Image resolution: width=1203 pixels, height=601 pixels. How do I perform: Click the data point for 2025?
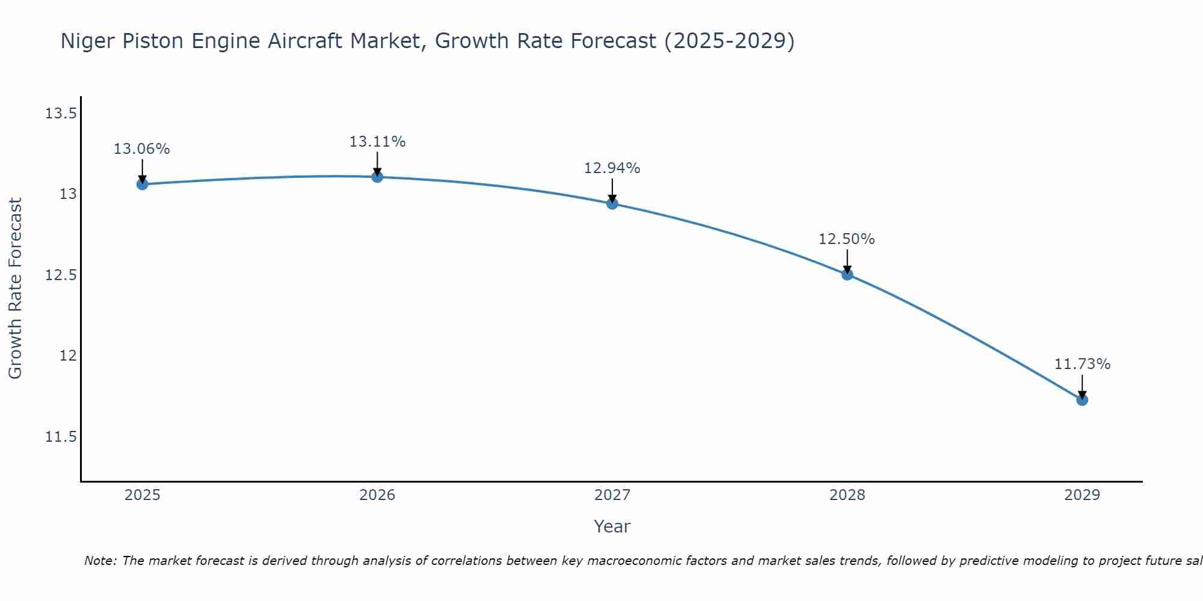point(142,184)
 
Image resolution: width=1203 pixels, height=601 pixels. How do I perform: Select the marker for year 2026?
point(377,177)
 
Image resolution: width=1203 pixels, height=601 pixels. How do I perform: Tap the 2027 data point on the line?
point(612,203)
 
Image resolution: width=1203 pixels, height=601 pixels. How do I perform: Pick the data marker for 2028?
point(847,275)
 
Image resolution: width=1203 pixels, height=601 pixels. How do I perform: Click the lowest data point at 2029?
point(1082,400)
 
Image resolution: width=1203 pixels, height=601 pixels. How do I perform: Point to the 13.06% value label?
point(142,149)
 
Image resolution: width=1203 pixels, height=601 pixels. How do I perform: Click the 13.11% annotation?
point(377,142)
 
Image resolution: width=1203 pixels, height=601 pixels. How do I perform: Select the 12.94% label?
point(612,168)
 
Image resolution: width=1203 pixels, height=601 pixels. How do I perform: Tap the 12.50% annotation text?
point(847,239)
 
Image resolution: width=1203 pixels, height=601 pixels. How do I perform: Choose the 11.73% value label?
point(1082,364)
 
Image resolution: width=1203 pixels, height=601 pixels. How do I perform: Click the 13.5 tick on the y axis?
point(61,113)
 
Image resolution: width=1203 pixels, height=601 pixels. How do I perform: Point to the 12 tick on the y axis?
point(69,355)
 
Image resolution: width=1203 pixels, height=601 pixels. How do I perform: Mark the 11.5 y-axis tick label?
point(61,436)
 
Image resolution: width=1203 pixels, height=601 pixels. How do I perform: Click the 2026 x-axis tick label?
point(377,495)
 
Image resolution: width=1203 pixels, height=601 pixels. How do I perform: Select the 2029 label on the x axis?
point(1082,495)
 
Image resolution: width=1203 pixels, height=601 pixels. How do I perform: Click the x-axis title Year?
point(612,526)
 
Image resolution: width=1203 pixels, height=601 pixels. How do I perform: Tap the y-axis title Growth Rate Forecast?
point(16,288)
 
